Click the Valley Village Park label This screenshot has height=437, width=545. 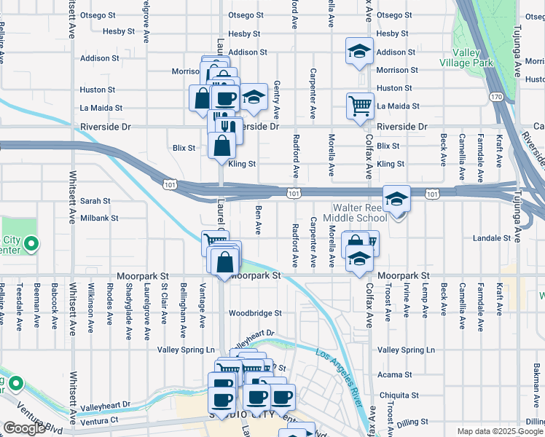point(472,58)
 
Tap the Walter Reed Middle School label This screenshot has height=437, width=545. point(360,213)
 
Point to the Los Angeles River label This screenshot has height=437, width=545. point(339,377)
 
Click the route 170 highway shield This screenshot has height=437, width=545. point(495,96)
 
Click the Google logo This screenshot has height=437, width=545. point(24,428)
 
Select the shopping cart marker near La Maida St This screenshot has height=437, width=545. point(360,105)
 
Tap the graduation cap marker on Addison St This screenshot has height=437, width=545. point(359,52)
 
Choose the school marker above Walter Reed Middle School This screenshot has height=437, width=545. point(396,199)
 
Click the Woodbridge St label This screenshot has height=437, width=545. point(255,313)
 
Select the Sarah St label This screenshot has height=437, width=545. point(95,201)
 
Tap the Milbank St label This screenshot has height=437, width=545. point(99,218)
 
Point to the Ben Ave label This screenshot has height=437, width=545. point(258,219)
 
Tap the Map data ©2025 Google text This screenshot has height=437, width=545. point(500,431)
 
